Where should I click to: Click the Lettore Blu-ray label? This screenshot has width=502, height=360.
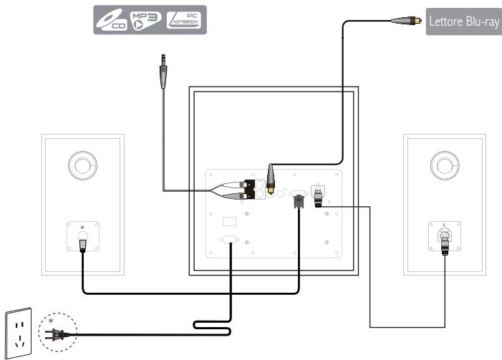point(463,21)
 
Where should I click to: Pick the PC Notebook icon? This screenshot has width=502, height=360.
point(183,22)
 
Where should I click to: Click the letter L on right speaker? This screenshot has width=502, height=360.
point(445,225)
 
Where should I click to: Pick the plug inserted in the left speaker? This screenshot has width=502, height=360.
point(82,244)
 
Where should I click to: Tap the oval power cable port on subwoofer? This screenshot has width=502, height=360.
point(230,241)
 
